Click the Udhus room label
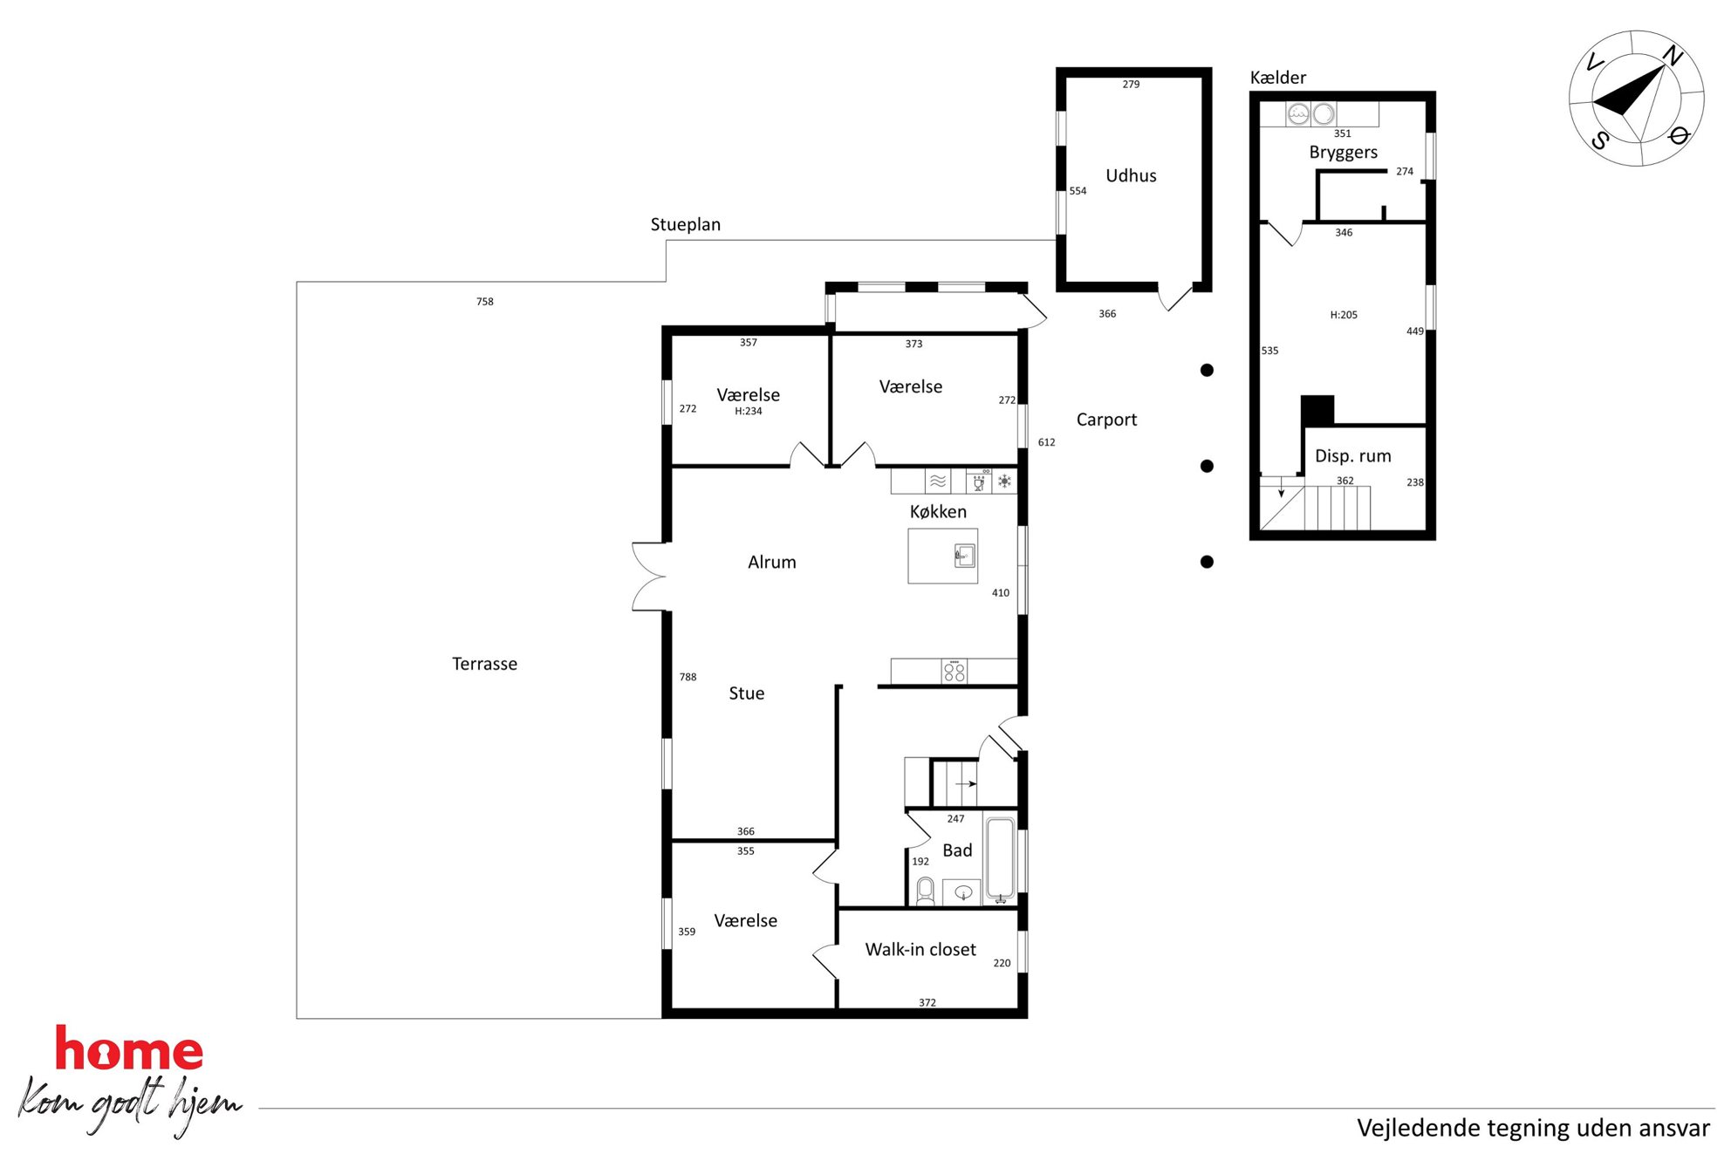point(1131,175)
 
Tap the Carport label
point(1106,420)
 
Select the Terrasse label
point(484,664)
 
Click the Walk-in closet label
point(920,949)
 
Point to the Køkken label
point(938,512)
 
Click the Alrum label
point(772,563)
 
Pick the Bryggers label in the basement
point(1344,153)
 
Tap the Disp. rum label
point(1353,456)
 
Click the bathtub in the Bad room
point(1001,858)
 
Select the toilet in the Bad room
point(925,891)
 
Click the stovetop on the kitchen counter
point(954,671)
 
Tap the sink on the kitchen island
point(964,555)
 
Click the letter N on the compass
point(1672,56)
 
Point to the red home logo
point(129,1048)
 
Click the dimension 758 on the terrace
point(485,302)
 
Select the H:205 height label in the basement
point(1344,315)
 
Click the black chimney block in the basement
point(1317,411)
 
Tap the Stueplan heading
point(686,224)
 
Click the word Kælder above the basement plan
point(1278,78)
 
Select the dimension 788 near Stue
point(688,677)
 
